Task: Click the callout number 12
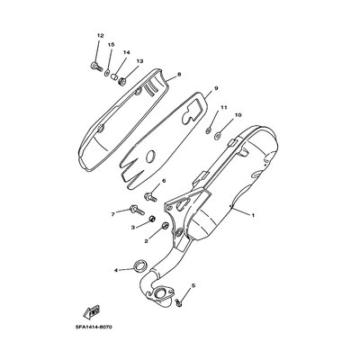click(x=100, y=36)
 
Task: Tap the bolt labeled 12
click(x=96, y=66)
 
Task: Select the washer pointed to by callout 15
click(x=107, y=73)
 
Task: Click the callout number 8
click(x=179, y=75)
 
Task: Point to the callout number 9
click(x=216, y=88)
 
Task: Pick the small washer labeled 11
click(x=209, y=130)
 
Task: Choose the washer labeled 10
click(x=218, y=137)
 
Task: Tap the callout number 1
click(x=253, y=215)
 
